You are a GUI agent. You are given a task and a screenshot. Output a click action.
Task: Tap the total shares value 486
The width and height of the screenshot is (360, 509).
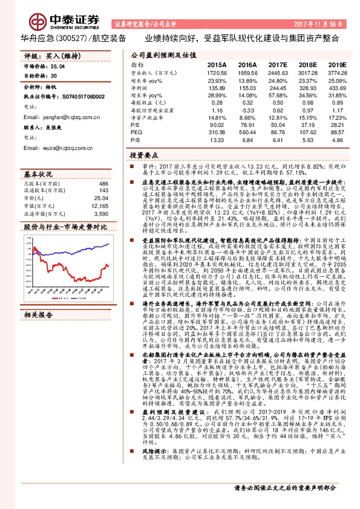[x=103, y=184]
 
